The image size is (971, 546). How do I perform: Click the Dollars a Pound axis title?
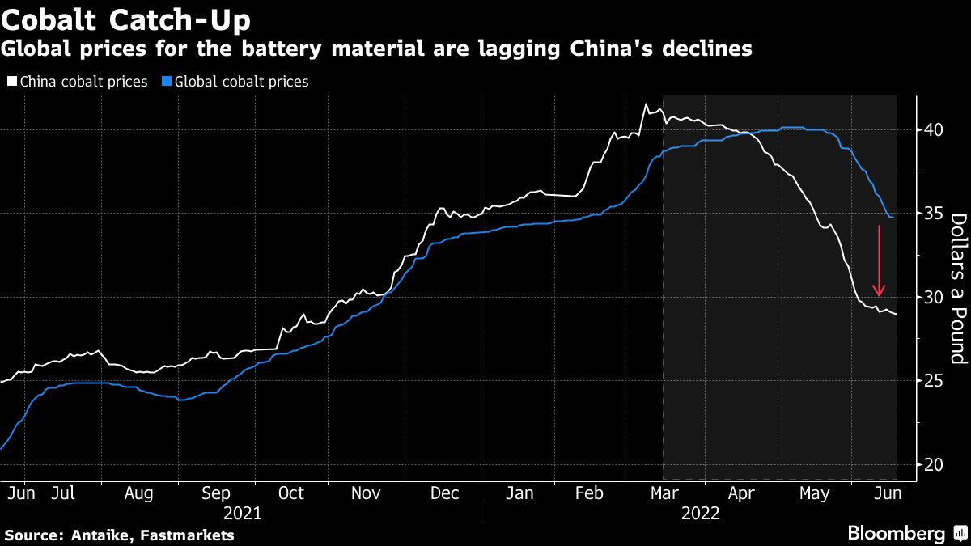pos(958,288)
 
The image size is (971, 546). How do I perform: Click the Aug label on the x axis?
pos(139,493)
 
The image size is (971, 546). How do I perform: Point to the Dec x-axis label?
pos(444,493)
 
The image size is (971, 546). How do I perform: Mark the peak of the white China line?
pos(646,104)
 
